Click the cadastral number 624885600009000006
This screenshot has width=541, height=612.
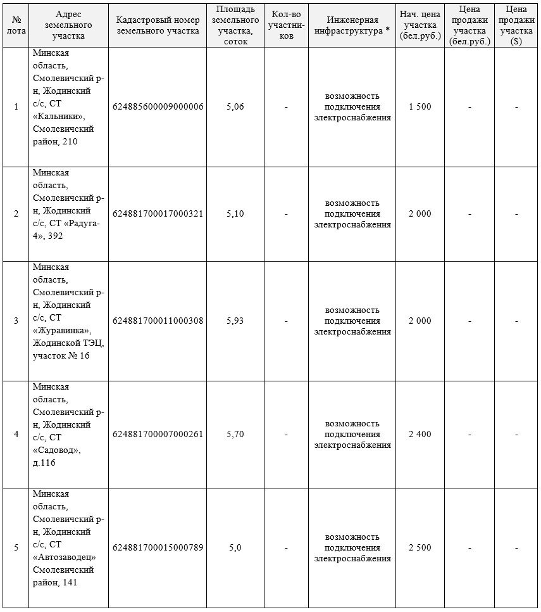click(158, 106)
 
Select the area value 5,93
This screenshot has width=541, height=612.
click(235, 321)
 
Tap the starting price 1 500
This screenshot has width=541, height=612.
click(420, 106)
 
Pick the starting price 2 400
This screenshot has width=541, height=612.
click(420, 434)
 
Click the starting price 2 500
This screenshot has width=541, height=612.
click(420, 547)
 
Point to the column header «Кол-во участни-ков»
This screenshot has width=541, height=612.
click(286, 25)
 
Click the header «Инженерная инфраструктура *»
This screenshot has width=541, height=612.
click(352, 25)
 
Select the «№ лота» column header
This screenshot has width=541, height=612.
click(16, 25)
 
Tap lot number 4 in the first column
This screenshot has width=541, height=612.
click(16, 434)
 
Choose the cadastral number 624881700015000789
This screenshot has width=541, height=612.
click(158, 547)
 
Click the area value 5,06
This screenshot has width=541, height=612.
click(235, 106)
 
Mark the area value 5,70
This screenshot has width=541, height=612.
click(235, 434)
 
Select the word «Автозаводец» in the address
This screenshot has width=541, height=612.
click(64, 558)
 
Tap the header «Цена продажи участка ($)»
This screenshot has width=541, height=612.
click(516, 25)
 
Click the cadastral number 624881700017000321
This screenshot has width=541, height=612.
click(158, 214)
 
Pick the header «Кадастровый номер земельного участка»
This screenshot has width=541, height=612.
click(158, 25)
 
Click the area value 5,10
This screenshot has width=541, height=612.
click(235, 214)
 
